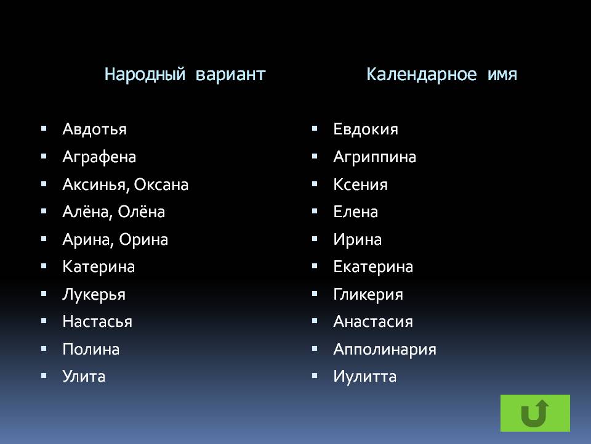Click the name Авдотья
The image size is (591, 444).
[95, 129]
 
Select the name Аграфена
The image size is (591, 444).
[99, 157]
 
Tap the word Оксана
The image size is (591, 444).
[161, 184]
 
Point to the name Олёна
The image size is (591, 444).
[142, 212]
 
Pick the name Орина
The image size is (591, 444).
[143, 240]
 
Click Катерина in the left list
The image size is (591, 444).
[98, 267]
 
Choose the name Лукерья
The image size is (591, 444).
[94, 295]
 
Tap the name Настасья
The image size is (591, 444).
[97, 322]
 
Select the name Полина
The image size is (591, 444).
[91, 349]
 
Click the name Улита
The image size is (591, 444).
[84, 376]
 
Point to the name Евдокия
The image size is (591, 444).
[366, 129]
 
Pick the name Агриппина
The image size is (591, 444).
[375, 157]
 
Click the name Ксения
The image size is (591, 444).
[360, 184]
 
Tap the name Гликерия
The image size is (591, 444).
[368, 295]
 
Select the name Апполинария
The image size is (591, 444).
[385, 350]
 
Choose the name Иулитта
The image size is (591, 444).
[365, 377]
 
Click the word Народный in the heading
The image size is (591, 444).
[145, 74]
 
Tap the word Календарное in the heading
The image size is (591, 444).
[421, 74]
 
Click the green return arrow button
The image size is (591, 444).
[535, 413]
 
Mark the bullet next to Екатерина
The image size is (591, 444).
[315, 266]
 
